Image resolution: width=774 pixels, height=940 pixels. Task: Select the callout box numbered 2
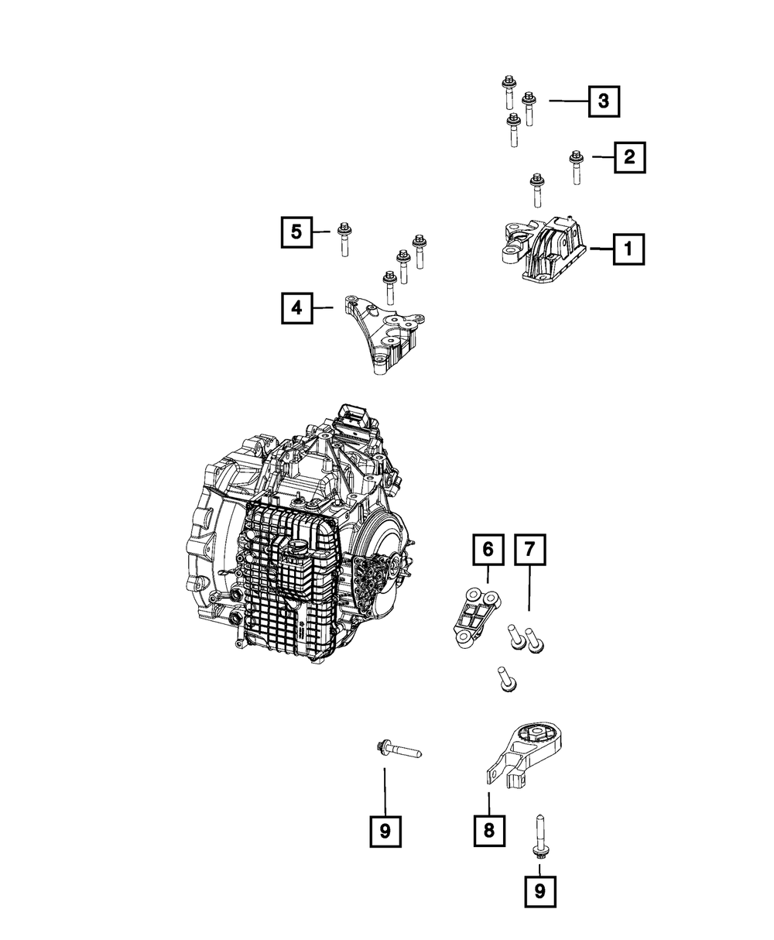pyautogui.click(x=629, y=158)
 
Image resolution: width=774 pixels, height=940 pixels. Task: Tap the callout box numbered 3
pyautogui.click(x=604, y=101)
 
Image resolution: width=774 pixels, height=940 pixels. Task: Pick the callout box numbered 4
pyautogui.click(x=296, y=308)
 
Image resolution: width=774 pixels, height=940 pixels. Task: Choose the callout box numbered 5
pyautogui.click(x=296, y=231)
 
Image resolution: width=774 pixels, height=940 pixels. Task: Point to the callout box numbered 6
pyautogui.click(x=488, y=550)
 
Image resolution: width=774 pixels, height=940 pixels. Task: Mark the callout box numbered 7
pyautogui.click(x=529, y=550)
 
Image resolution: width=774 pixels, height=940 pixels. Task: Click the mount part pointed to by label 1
pyautogui.click(x=542, y=249)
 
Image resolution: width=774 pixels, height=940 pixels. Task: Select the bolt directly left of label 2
pyautogui.click(x=575, y=166)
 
